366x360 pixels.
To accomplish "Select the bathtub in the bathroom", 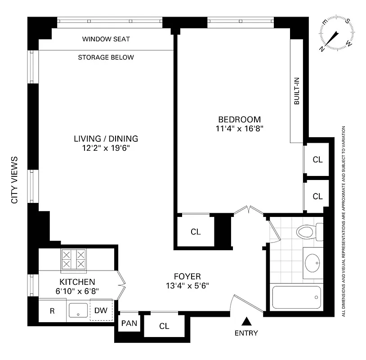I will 296,297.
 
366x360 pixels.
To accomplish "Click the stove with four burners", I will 73,260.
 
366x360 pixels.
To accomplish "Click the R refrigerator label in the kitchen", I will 52,310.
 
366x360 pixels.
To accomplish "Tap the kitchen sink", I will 78,310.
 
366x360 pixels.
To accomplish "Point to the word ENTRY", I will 246,333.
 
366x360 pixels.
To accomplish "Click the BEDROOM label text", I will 239,119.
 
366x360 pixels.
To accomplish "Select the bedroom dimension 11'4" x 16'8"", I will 239,128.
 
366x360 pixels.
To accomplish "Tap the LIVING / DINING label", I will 106,139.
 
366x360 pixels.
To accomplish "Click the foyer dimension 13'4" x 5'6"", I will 187,285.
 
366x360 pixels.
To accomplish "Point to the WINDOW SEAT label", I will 106,39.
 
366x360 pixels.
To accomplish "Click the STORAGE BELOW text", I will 106,58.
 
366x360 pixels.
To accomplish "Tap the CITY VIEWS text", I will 14,180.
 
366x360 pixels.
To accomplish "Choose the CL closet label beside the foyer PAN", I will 164,326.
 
